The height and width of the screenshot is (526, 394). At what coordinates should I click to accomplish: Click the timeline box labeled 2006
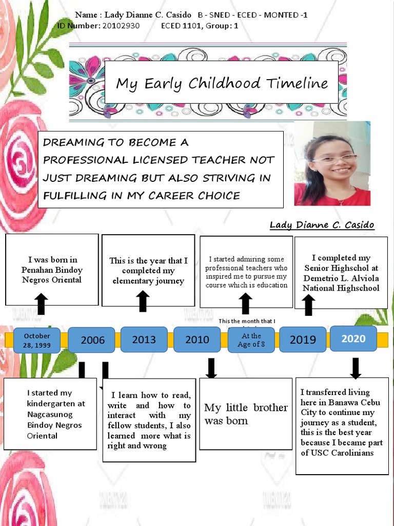pos(92,340)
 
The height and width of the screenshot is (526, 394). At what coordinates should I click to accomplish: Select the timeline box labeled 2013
pos(144,339)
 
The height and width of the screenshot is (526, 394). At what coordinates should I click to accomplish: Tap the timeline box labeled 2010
pos(197,339)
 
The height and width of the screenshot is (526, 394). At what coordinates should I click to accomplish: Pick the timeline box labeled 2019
pos(302,339)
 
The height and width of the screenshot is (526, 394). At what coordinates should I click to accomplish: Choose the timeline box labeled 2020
pos(353,338)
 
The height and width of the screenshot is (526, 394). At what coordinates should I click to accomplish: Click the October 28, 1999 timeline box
pos(37,340)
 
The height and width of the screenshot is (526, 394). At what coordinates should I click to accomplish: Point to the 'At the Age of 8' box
pos(251,340)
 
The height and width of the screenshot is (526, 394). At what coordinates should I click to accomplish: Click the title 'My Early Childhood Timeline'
pos(222,83)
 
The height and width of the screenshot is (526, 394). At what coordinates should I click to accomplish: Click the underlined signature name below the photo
pos(322,225)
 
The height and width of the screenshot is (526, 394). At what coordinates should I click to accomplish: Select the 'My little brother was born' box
pos(246,414)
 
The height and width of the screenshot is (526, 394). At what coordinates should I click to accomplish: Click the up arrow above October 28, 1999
pos(42,304)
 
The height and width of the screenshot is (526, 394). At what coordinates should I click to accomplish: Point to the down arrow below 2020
pos(356,368)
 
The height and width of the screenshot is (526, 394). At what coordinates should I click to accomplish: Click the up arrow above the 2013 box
pos(143,301)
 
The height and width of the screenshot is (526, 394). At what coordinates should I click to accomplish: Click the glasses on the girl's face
pos(334,158)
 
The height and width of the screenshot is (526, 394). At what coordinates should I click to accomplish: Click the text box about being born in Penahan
pos(51,270)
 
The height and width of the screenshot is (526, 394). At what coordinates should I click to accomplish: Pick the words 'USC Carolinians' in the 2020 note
pos(344,453)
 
